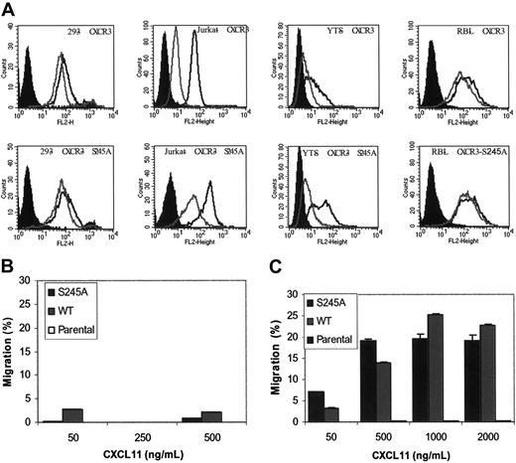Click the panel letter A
click(x=10, y=8)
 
